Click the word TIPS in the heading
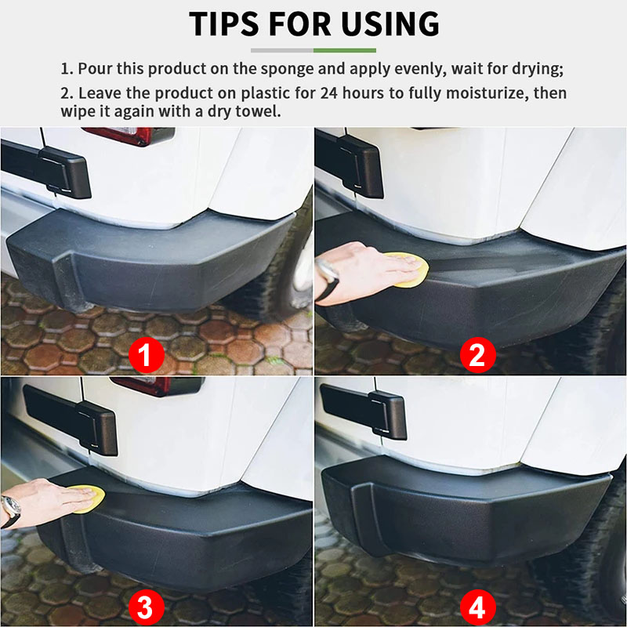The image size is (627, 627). [227, 24]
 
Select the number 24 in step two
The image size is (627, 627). [328, 93]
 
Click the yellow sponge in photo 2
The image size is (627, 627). [411, 270]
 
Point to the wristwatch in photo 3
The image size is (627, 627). [10, 510]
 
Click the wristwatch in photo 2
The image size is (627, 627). [328, 279]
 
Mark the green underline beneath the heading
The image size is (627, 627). [345, 50]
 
